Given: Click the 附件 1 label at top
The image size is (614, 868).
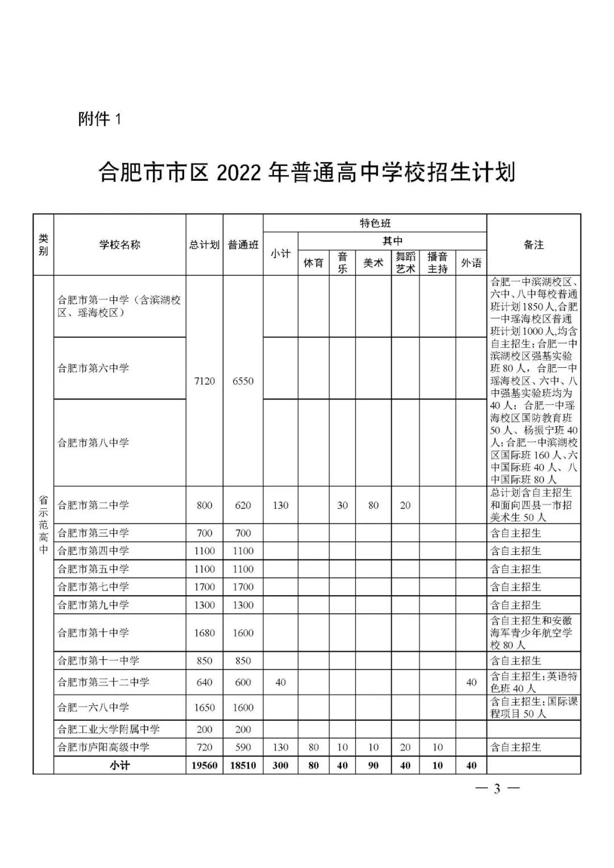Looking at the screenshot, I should pos(99,119).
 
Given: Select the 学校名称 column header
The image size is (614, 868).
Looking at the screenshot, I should pos(119,245).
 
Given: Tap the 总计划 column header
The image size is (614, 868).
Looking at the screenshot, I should pos(204,245).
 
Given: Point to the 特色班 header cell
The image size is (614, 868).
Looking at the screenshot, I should pos(375,223).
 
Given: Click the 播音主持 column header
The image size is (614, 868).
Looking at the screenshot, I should pos(437,263).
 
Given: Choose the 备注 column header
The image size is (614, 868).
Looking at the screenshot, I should pos(533,245).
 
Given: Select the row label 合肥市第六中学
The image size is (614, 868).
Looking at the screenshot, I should pos(93,368).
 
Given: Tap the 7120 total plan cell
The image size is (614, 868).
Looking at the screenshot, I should pos(204,381).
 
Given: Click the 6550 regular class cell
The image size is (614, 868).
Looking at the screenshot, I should pos(243,381).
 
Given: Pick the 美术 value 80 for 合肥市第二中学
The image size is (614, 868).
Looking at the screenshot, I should pos(373,505).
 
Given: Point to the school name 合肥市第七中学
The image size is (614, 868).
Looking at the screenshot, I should pos(93,587).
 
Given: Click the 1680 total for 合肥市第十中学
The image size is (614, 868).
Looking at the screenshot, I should pos(204,633).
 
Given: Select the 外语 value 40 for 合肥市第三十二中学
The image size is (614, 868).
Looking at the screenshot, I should pos(471,682).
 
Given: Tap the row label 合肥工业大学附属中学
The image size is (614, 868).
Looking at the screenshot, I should pos(109,729).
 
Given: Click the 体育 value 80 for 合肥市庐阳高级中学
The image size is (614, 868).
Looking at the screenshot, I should pos(313,747).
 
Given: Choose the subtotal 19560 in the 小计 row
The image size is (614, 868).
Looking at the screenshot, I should pos(204,766).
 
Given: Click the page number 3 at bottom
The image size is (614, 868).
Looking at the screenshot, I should pos(497,788).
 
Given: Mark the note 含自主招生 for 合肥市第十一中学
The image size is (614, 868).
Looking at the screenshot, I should pos(516,661).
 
